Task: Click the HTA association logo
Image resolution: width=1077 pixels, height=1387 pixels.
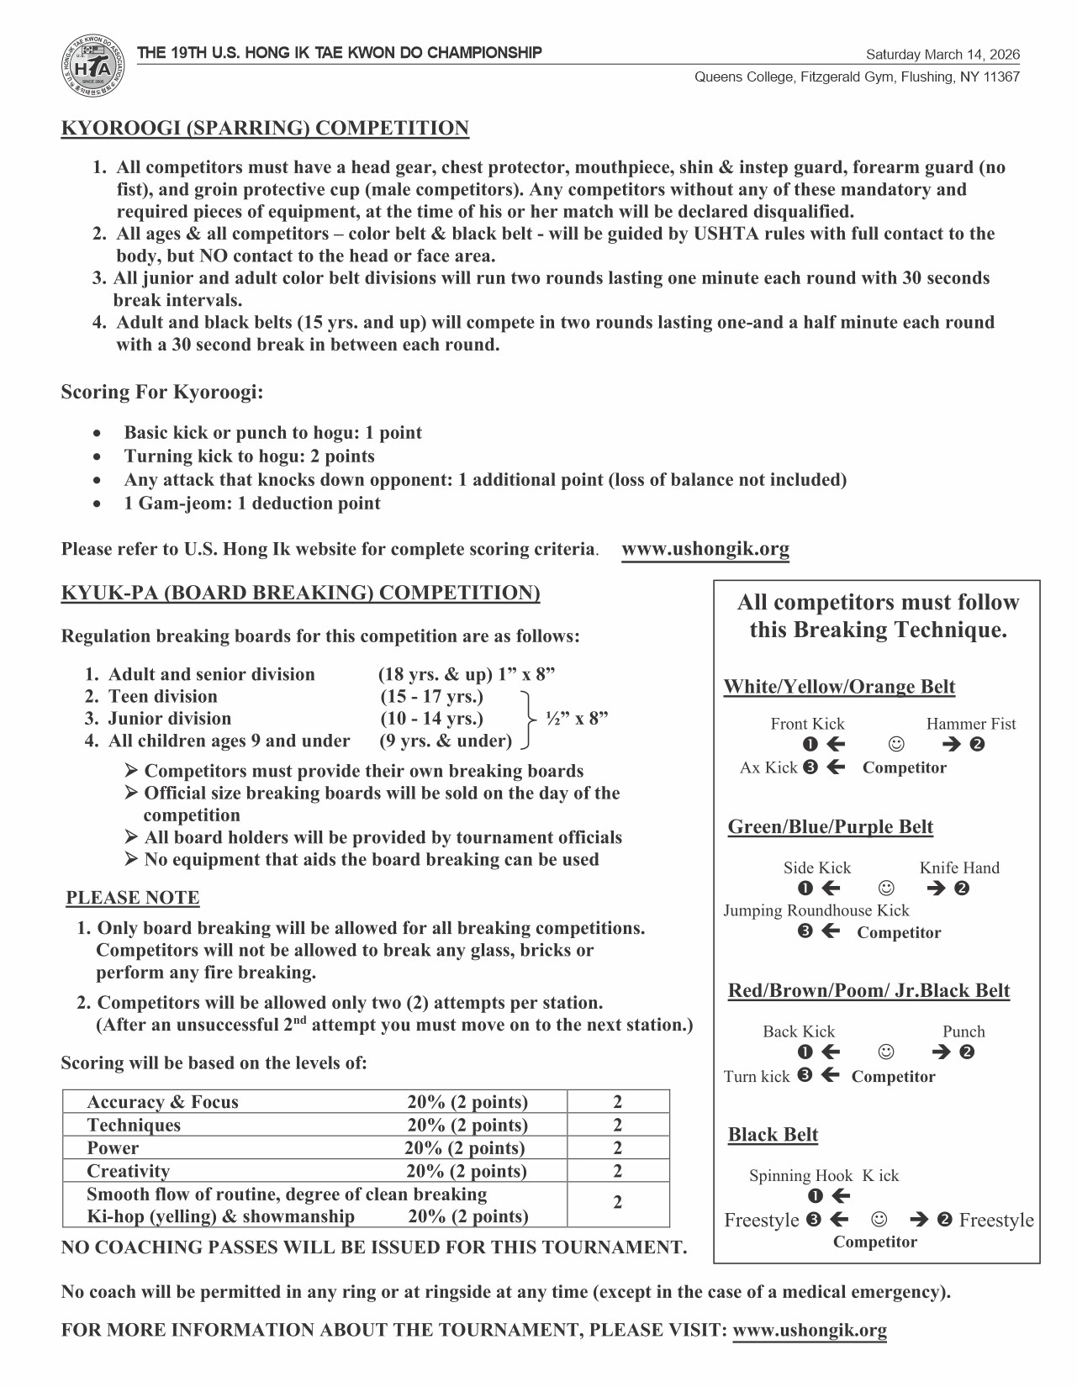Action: click(93, 67)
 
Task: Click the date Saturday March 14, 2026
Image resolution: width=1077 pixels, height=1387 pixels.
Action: click(942, 55)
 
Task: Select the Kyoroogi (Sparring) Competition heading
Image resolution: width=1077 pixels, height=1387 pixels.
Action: click(265, 129)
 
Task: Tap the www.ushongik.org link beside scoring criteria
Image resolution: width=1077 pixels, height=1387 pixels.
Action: click(705, 550)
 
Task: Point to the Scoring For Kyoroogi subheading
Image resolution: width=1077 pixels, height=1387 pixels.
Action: click(162, 393)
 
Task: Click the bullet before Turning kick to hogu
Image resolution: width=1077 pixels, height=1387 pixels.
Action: click(100, 457)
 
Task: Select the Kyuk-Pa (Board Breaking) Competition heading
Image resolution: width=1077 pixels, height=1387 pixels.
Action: click(300, 593)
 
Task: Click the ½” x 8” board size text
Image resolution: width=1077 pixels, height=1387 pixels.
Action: click(577, 719)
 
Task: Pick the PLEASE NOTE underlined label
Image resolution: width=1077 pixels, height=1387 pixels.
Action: click(133, 898)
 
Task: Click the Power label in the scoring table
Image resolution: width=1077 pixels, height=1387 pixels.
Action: click(113, 1148)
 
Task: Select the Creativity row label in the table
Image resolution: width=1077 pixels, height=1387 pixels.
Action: click(128, 1171)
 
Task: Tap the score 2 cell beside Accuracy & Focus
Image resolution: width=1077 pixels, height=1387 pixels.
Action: click(618, 1102)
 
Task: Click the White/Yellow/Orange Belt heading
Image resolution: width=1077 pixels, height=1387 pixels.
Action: click(839, 687)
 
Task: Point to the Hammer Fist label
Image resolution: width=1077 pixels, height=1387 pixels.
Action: click(970, 724)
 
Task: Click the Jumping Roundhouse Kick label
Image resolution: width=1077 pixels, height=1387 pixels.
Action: click(816, 910)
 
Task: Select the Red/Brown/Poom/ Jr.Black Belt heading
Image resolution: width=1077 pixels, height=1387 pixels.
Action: click(868, 991)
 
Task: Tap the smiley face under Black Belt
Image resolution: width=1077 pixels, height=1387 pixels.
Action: click(879, 1219)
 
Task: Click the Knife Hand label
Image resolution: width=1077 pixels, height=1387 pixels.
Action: click(959, 868)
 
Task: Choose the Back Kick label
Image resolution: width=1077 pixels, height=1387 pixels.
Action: click(799, 1031)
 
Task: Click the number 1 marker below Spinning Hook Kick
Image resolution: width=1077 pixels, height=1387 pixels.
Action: click(815, 1196)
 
